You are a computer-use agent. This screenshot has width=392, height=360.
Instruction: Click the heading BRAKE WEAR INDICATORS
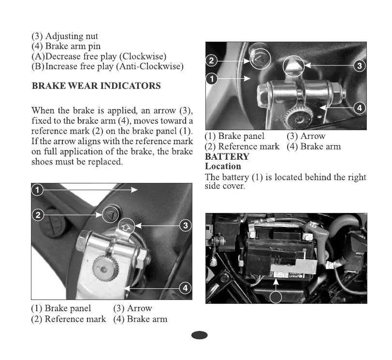[96, 86]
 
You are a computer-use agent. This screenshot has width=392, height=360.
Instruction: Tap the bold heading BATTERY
[227, 157]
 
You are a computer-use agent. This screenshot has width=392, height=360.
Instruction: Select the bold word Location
[223, 166]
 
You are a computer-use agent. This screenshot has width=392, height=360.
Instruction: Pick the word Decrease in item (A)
[67, 57]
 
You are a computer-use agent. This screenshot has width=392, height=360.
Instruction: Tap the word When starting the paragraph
[44, 110]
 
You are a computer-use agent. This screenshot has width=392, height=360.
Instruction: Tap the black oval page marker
[199, 335]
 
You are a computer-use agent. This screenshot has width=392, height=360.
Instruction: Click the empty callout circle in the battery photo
[275, 296]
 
